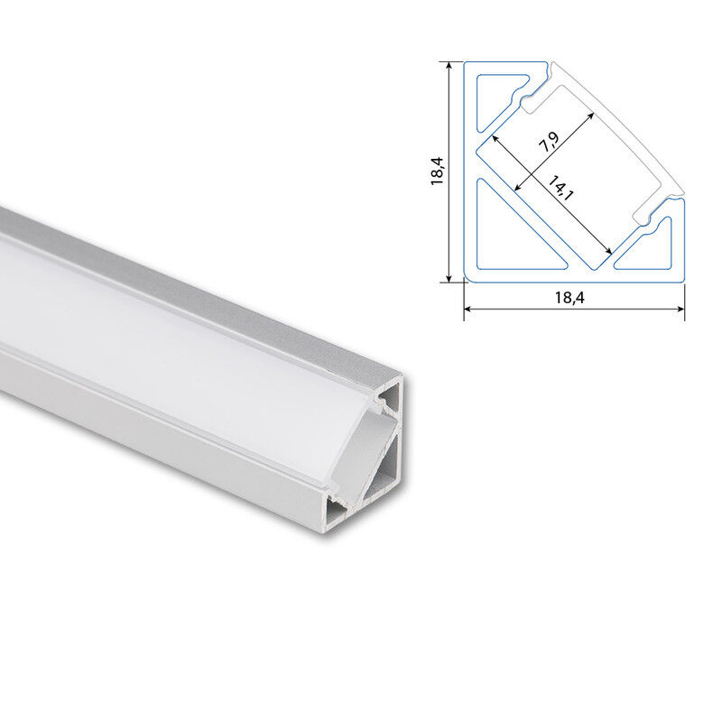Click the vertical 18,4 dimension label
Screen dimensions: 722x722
coord(437,171)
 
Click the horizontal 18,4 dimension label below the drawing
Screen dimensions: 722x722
coord(569,298)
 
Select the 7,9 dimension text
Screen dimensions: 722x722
coord(550,142)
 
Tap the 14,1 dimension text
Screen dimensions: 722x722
coord(560,188)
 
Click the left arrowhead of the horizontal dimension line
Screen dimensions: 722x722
coord(467,309)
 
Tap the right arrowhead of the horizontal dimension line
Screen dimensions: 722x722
coord(681,309)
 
